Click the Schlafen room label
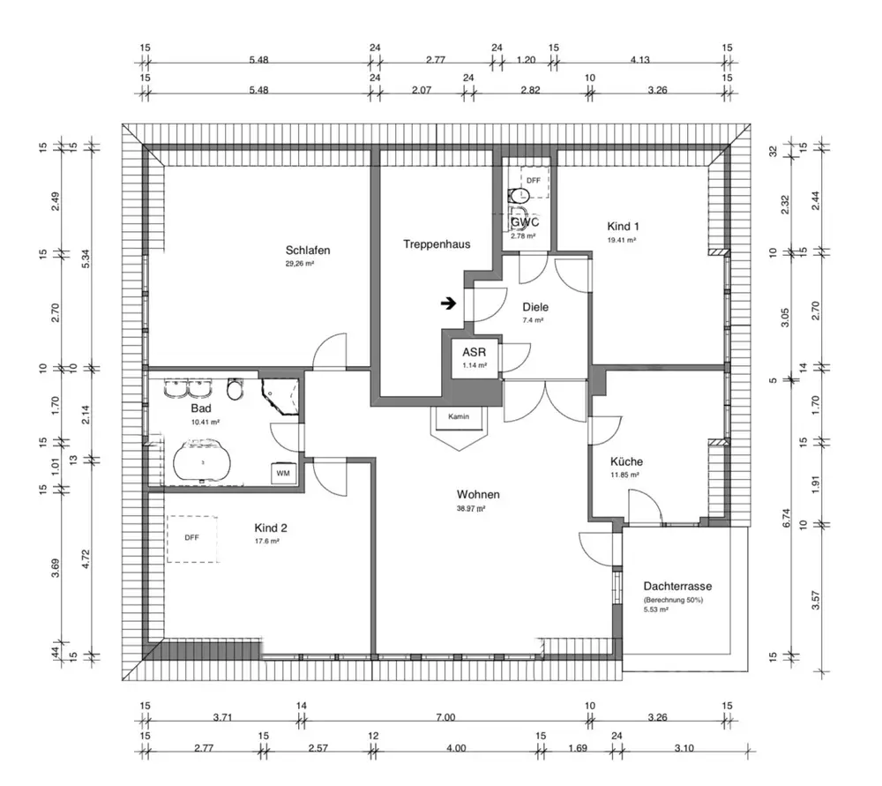pos(308,251)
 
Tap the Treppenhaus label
pos(437,244)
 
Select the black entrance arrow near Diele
pos(448,303)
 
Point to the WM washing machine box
pos(283,473)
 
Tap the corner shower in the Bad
pos(280,396)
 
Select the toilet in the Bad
pos(235,389)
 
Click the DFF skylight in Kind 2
pos(191,538)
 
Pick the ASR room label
pos(475,352)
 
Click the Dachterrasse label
pos(677,587)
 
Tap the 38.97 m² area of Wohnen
pos(471,508)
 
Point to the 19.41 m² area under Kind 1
pos(622,240)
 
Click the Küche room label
pos(626,461)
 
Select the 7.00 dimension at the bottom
pos(445,717)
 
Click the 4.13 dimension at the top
pos(640,60)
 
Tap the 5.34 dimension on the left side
pos(86,258)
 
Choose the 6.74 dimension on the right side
pos(787,518)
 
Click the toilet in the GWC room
pos(519,195)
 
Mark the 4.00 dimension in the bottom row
pos(456,748)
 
